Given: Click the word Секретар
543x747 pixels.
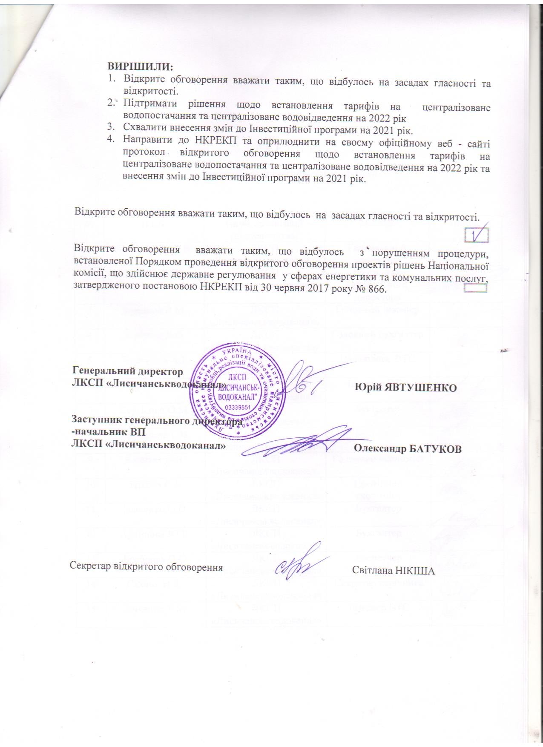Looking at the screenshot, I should click(x=88, y=567).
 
